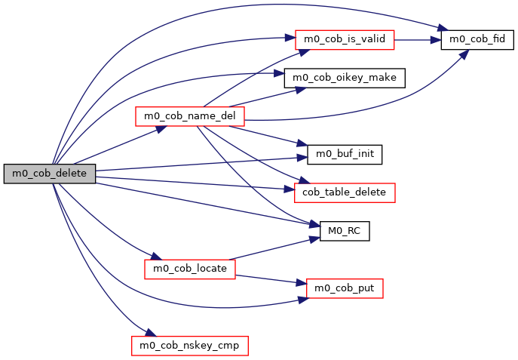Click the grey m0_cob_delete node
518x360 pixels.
click(50, 174)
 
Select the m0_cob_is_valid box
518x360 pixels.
click(345, 38)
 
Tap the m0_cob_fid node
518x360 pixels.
click(477, 38)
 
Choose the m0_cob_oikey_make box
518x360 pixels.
click(345, 78)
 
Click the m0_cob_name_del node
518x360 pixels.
click(189, 116)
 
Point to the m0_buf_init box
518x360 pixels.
click(345, 155)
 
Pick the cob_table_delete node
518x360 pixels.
click(345, 192)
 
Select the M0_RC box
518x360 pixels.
click(345, 231)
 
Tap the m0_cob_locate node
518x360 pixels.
click(189, 268)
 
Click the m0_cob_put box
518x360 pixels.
click(345, 288)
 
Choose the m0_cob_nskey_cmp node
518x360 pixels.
click(189, 346)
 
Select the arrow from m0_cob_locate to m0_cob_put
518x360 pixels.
click(271, 278)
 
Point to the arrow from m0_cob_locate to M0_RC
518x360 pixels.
click(271, 249)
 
